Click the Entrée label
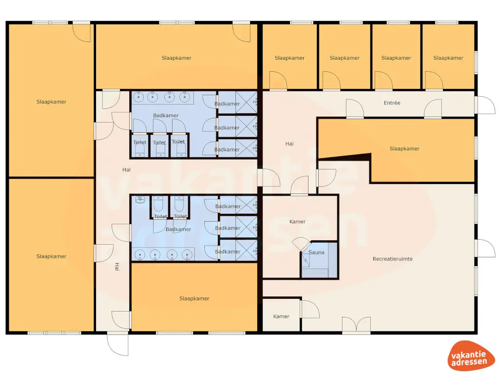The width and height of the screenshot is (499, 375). [392, 103]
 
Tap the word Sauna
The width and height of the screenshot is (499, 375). [316, 252]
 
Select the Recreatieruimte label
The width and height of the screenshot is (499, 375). [392, 259]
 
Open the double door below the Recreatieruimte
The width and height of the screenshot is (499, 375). [356, 325]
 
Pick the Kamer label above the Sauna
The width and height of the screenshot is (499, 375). [297, 222]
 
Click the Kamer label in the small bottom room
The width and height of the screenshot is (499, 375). [281, 316]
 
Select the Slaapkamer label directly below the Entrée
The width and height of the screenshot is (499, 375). [404, 148]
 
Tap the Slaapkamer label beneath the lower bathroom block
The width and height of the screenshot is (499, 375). [194, 298]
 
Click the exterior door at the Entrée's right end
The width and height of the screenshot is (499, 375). [484, 104]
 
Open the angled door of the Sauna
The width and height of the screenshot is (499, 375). [300, 244]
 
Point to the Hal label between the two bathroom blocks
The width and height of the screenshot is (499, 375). [127, 169]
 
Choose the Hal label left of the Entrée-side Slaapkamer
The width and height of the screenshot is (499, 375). [289, 144]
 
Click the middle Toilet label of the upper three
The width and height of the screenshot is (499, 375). [159, 143]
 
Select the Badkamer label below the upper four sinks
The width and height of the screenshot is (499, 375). [166, 116]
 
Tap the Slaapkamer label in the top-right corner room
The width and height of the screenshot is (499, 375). [448, 58]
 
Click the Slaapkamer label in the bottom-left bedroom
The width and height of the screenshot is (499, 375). [51, 256]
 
